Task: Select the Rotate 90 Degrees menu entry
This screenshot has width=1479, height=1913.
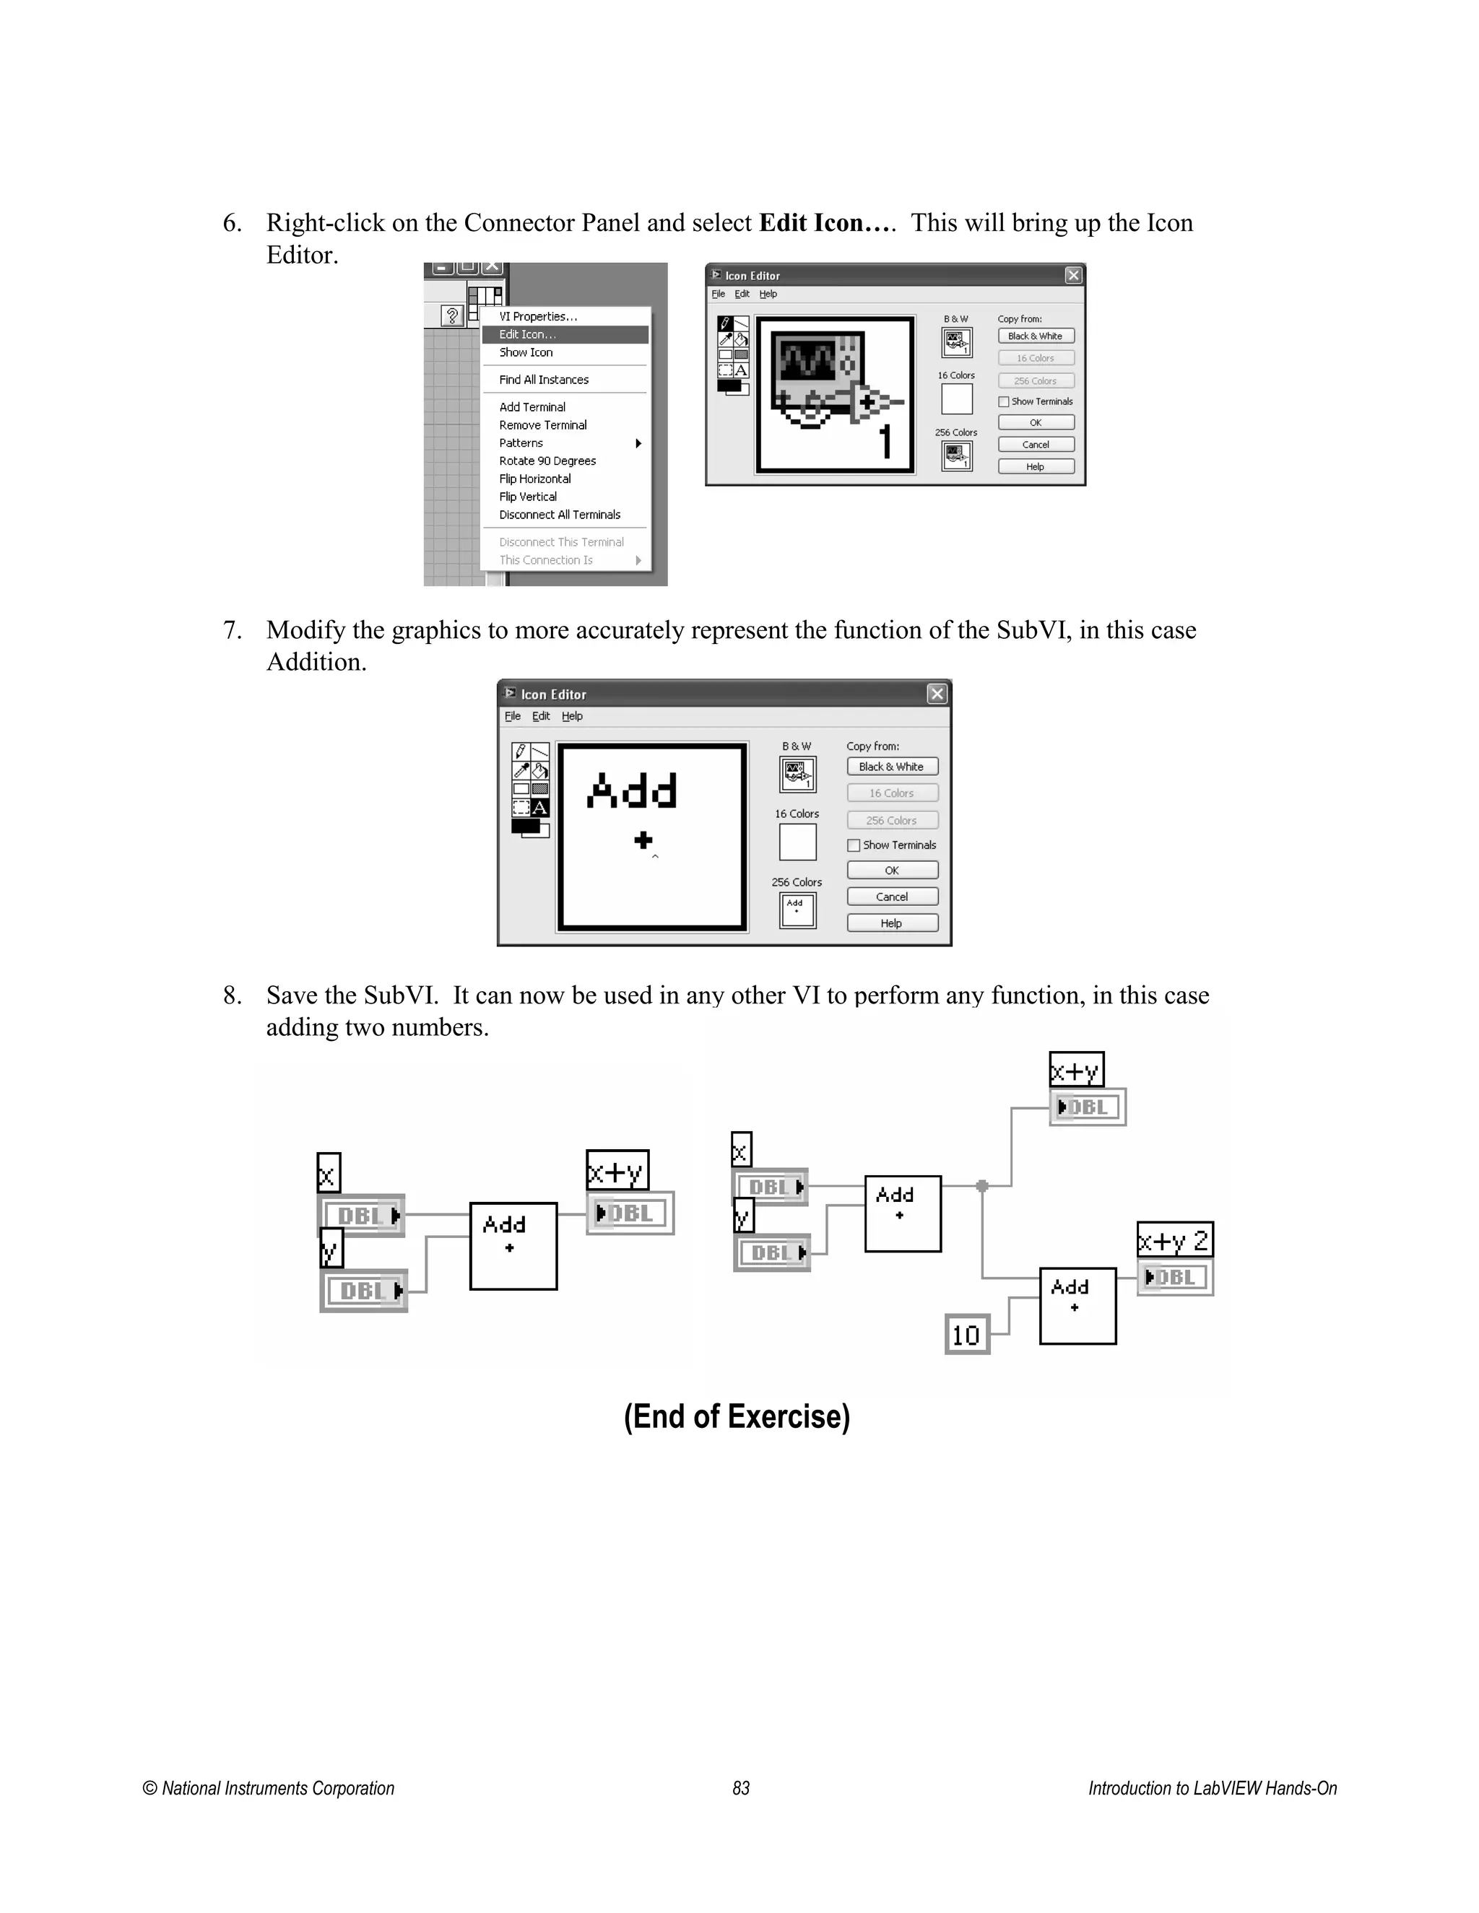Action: point(547,461)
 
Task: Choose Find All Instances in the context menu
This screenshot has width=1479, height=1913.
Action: point(543,379)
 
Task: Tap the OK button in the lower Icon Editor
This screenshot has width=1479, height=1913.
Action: point(892,870)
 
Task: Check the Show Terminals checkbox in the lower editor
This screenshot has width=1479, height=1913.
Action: point(854,845)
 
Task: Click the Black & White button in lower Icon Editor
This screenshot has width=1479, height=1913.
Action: point(892,767)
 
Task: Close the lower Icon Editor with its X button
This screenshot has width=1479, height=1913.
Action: point(937,694)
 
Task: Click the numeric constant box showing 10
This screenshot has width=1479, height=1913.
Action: point(966,1335)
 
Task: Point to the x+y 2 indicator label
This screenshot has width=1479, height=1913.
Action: point(1174,1239)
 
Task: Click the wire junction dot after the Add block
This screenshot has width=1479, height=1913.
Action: point(982,1186)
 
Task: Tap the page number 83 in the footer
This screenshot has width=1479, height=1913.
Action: point(741,1787)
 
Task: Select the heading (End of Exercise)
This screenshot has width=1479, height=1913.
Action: point(737,1416)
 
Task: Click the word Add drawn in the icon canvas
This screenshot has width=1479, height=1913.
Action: point(632,791)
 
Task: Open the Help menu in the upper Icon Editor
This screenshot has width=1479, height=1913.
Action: point(768,295)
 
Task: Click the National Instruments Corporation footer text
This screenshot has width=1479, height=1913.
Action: point(269,1787)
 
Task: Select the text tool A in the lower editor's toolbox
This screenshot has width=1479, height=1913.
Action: point(539,808)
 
